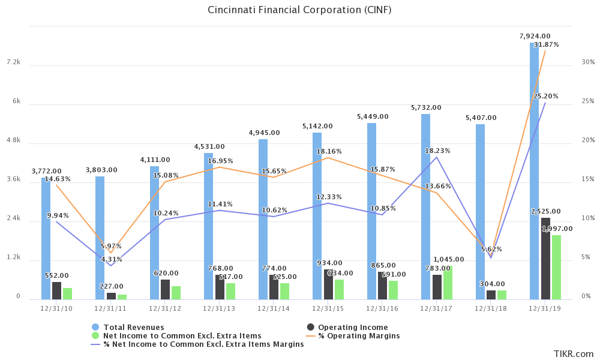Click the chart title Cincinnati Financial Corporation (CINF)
point(299,10)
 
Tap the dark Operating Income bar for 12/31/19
point(545,259)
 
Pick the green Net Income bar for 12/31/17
point(448,283)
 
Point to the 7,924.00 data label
point(535,36)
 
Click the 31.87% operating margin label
point(546,44)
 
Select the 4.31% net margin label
point(111,259)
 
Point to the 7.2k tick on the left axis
point(13,62)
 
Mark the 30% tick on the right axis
point(588,62)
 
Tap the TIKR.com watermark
point(574,353)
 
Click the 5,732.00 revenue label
point(426,107)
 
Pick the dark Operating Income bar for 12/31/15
point(328,284)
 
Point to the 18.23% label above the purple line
point(437,151)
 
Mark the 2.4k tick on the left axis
point(13,218)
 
